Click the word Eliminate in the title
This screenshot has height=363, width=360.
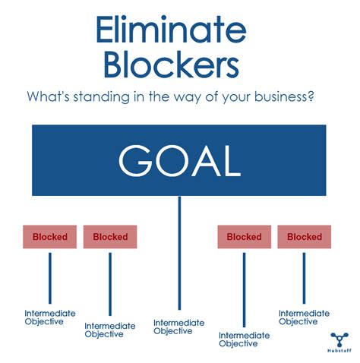click(172, 31)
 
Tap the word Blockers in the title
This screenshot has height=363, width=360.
click(172, 67)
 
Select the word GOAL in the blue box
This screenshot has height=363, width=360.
click(179, 160)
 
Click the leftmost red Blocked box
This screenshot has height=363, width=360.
click(49, 237)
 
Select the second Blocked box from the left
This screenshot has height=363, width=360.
click(110, 237)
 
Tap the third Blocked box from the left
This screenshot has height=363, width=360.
click(244, 237)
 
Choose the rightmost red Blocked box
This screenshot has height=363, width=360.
click(304, 237)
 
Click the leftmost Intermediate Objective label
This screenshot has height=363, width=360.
click(49, 317)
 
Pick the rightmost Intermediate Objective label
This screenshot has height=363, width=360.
click(304, 317)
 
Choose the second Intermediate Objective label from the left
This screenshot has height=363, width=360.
click(110, 330)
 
